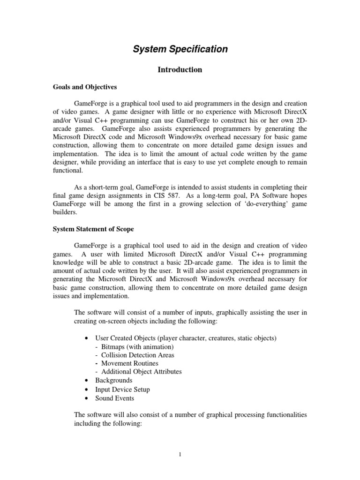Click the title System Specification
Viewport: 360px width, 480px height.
pos(180,49)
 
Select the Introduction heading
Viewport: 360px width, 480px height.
pos(180,70)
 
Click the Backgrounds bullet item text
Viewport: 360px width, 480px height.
pos(114,380)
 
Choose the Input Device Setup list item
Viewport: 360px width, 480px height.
pos(122,389)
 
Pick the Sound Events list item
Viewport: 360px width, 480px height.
pos(114,398)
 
